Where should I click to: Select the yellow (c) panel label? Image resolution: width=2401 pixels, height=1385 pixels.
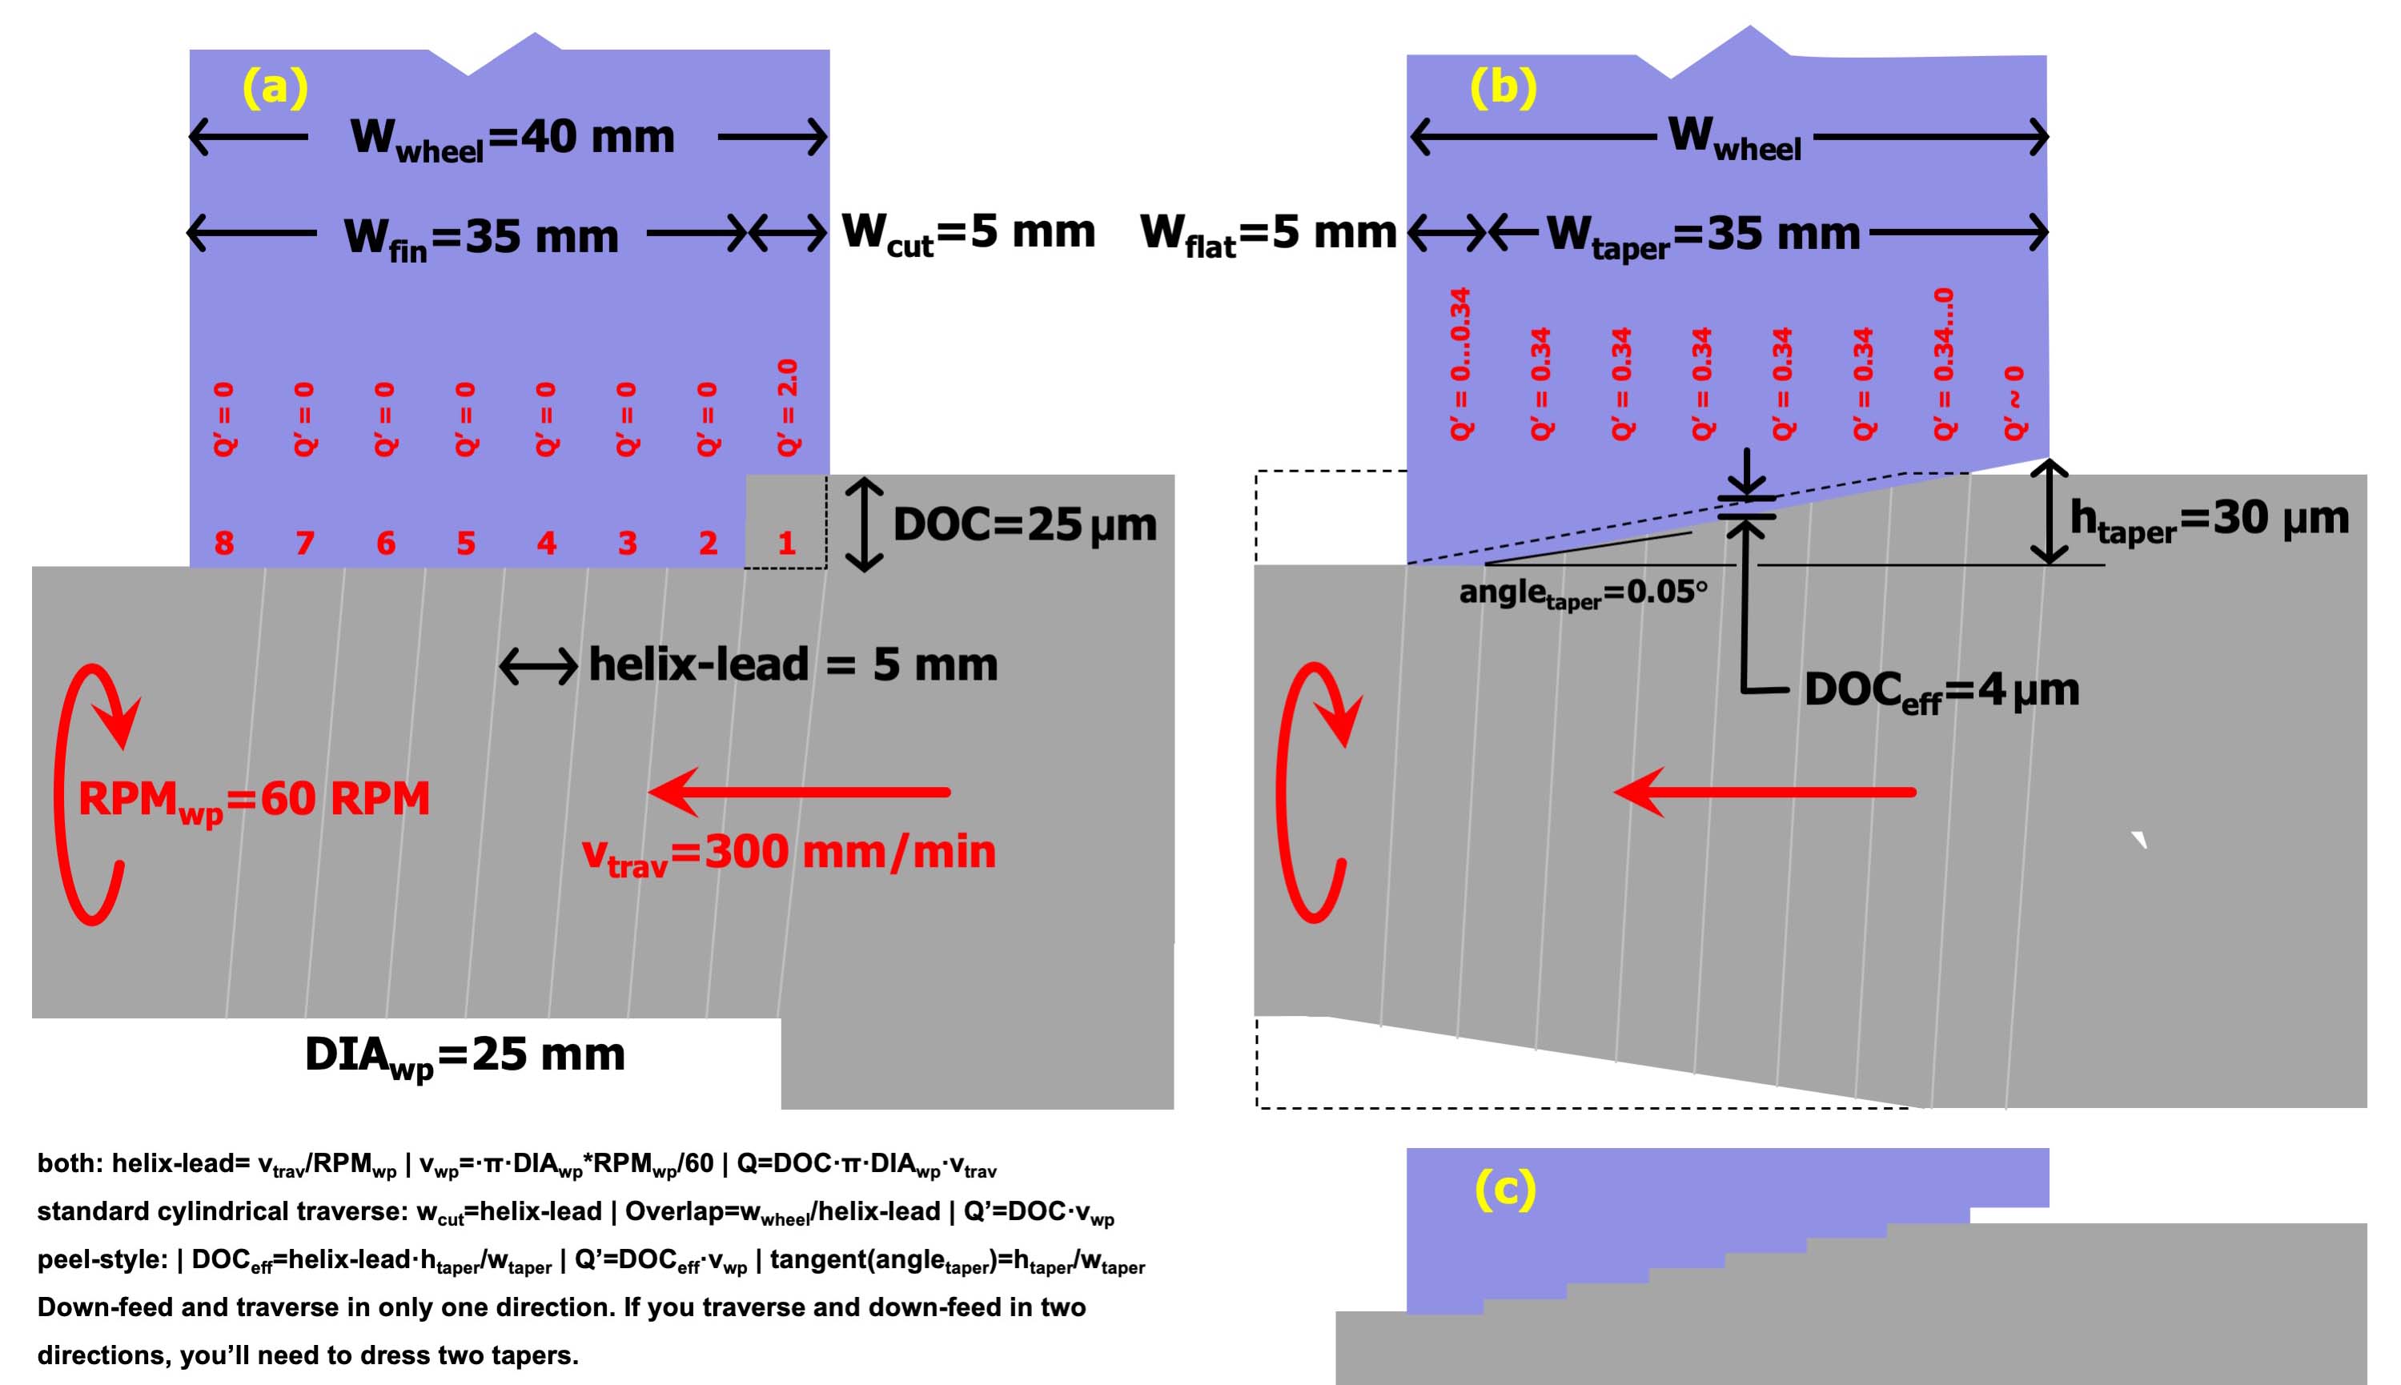(x=1505, y=1188)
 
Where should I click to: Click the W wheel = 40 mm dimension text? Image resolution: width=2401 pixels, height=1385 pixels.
(x=512, y=138)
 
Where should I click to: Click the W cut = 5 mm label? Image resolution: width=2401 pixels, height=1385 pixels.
(x=969, y=233)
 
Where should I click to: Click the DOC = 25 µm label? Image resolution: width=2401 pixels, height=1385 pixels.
(x=1025, y=524)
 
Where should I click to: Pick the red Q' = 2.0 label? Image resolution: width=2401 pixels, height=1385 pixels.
(x=788, y=407)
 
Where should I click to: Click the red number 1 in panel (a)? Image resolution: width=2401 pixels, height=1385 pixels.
(x=785, y=543)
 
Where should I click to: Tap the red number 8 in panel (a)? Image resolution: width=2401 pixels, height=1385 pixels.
(x=223, y=543)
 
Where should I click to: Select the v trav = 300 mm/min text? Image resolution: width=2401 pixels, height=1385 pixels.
(x=789, y=853)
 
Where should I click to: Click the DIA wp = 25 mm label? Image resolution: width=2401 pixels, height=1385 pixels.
(x=465, y=1056)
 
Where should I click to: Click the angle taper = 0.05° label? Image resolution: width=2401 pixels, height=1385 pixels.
(x=1583, y=593)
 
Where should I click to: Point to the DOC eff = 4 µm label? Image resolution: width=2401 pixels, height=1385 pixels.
(x=1941, y=692)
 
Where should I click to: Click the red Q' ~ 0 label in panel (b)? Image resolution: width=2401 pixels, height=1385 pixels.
(x=2014, y=403)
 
